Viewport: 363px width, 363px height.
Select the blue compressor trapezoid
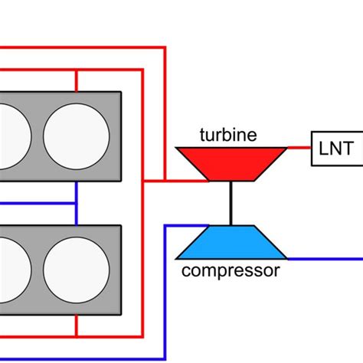coord(231,243)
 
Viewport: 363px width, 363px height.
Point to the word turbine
coord(227,136)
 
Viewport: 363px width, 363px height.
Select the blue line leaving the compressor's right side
coord(322,259)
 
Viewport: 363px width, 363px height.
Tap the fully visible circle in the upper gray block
coord(75,136)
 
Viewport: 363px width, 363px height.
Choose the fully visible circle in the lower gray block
coord(75,270)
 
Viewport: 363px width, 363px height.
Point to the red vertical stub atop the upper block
coord(77,81)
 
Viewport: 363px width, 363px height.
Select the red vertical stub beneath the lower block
coord(77,325)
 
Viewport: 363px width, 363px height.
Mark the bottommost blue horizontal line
coord(77,355)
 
